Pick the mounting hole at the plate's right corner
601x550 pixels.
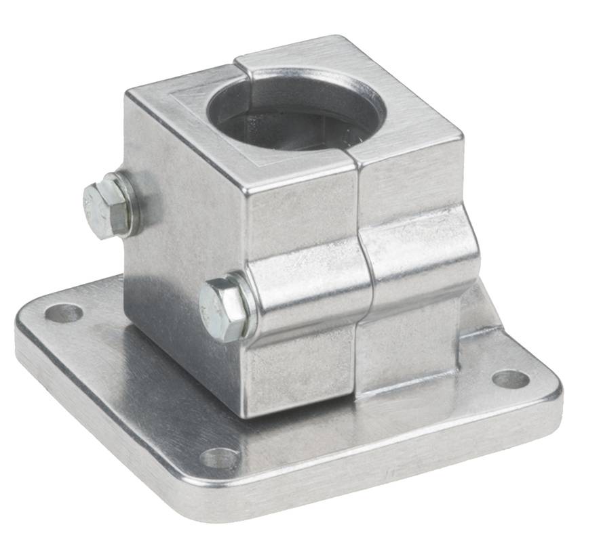click(510, 379)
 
